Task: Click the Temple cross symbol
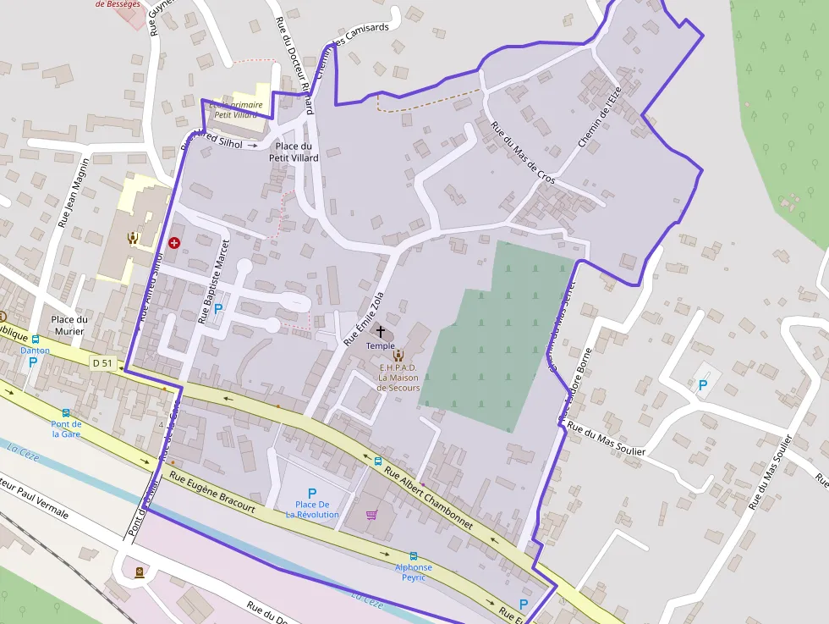point(381,331)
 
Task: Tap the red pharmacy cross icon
point(174,242)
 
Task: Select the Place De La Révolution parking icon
point(312,493)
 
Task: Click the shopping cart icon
point(371,514)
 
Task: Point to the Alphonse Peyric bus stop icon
point(413,555)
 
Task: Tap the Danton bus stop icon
point(35,339)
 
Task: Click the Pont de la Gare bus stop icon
point(66,412)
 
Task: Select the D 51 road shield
point(102,363)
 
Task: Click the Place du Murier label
point(69,325)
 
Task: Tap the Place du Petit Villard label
point(294,152)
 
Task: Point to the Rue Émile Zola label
point(364,318)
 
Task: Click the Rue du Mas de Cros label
point(523,153)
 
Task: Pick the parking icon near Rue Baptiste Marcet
point(218,309)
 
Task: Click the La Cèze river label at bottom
point(367,602)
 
